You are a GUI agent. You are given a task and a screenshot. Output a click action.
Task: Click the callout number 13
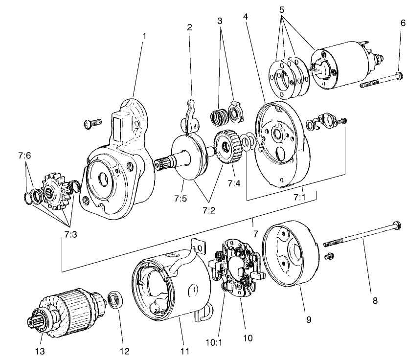tap(40, 350)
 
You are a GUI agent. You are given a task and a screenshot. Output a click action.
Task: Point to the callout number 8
tap(375, 300)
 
